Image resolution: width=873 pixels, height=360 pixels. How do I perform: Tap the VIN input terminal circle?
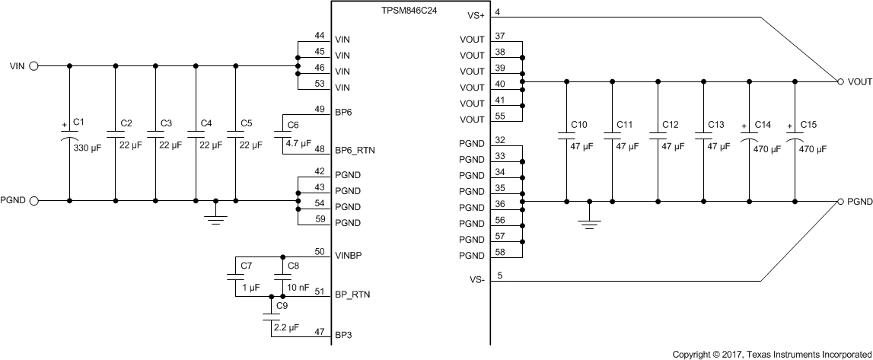(33, 66)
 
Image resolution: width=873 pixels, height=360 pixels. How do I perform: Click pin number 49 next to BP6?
(319, 107)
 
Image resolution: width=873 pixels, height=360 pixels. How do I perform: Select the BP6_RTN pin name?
(355, 151)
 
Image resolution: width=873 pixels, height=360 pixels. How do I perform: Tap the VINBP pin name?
(348, 256)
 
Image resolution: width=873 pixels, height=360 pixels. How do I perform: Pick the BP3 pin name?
(343, 333)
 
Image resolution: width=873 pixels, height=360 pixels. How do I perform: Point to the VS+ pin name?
(474, 15)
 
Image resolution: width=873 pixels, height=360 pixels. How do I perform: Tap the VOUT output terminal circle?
(840, 81)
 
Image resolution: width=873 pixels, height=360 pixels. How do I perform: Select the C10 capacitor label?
(579, 123)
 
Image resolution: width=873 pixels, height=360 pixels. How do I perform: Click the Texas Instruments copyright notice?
(772, 354)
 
